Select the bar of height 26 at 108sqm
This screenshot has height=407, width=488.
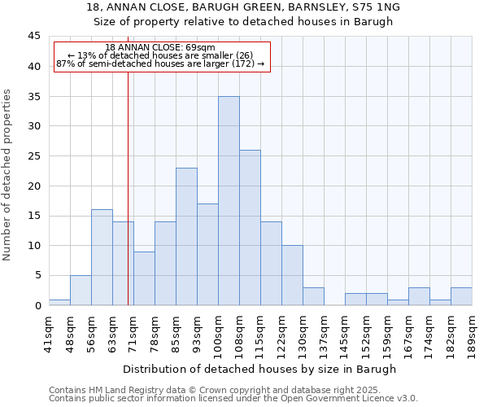[250, 227]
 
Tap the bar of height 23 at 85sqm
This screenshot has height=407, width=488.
[186, 236]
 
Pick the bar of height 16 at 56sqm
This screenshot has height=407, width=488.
[102, 257]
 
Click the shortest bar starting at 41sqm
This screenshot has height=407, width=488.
[59, 302]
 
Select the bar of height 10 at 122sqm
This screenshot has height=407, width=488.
[292, 275]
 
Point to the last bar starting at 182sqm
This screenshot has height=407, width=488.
[461, 296]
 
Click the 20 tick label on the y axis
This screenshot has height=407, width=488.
[33, 186]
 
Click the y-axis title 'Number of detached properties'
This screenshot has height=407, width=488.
[8, 175]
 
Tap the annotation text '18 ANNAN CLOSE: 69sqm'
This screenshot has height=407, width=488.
[160, 48]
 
